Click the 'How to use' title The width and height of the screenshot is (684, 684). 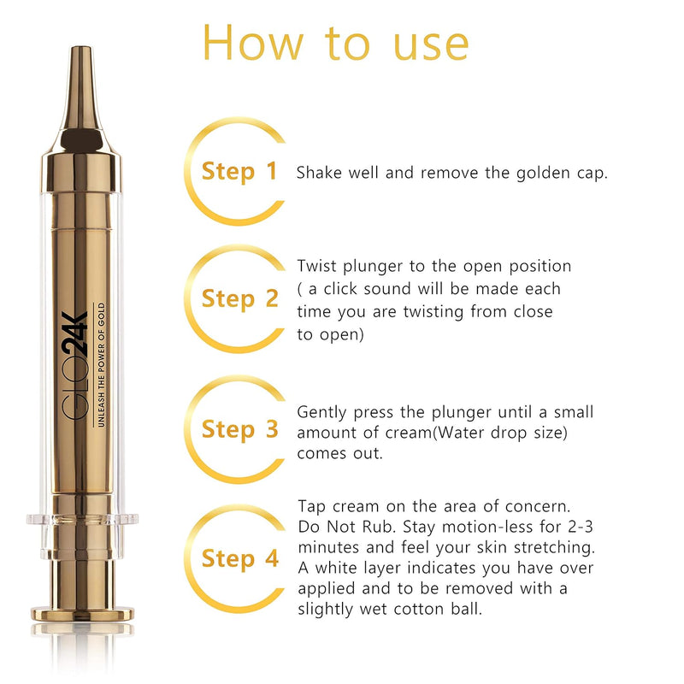coord(335,42)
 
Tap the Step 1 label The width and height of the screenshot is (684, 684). coord(239,171)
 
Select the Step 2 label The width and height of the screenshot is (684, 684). coord(239,299)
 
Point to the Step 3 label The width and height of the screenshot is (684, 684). coord(239,429)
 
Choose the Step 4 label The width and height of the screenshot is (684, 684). coord(239,559)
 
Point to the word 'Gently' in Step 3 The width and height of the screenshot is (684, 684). coord(322,412)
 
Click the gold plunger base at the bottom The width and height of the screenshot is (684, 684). coord(83,612)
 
